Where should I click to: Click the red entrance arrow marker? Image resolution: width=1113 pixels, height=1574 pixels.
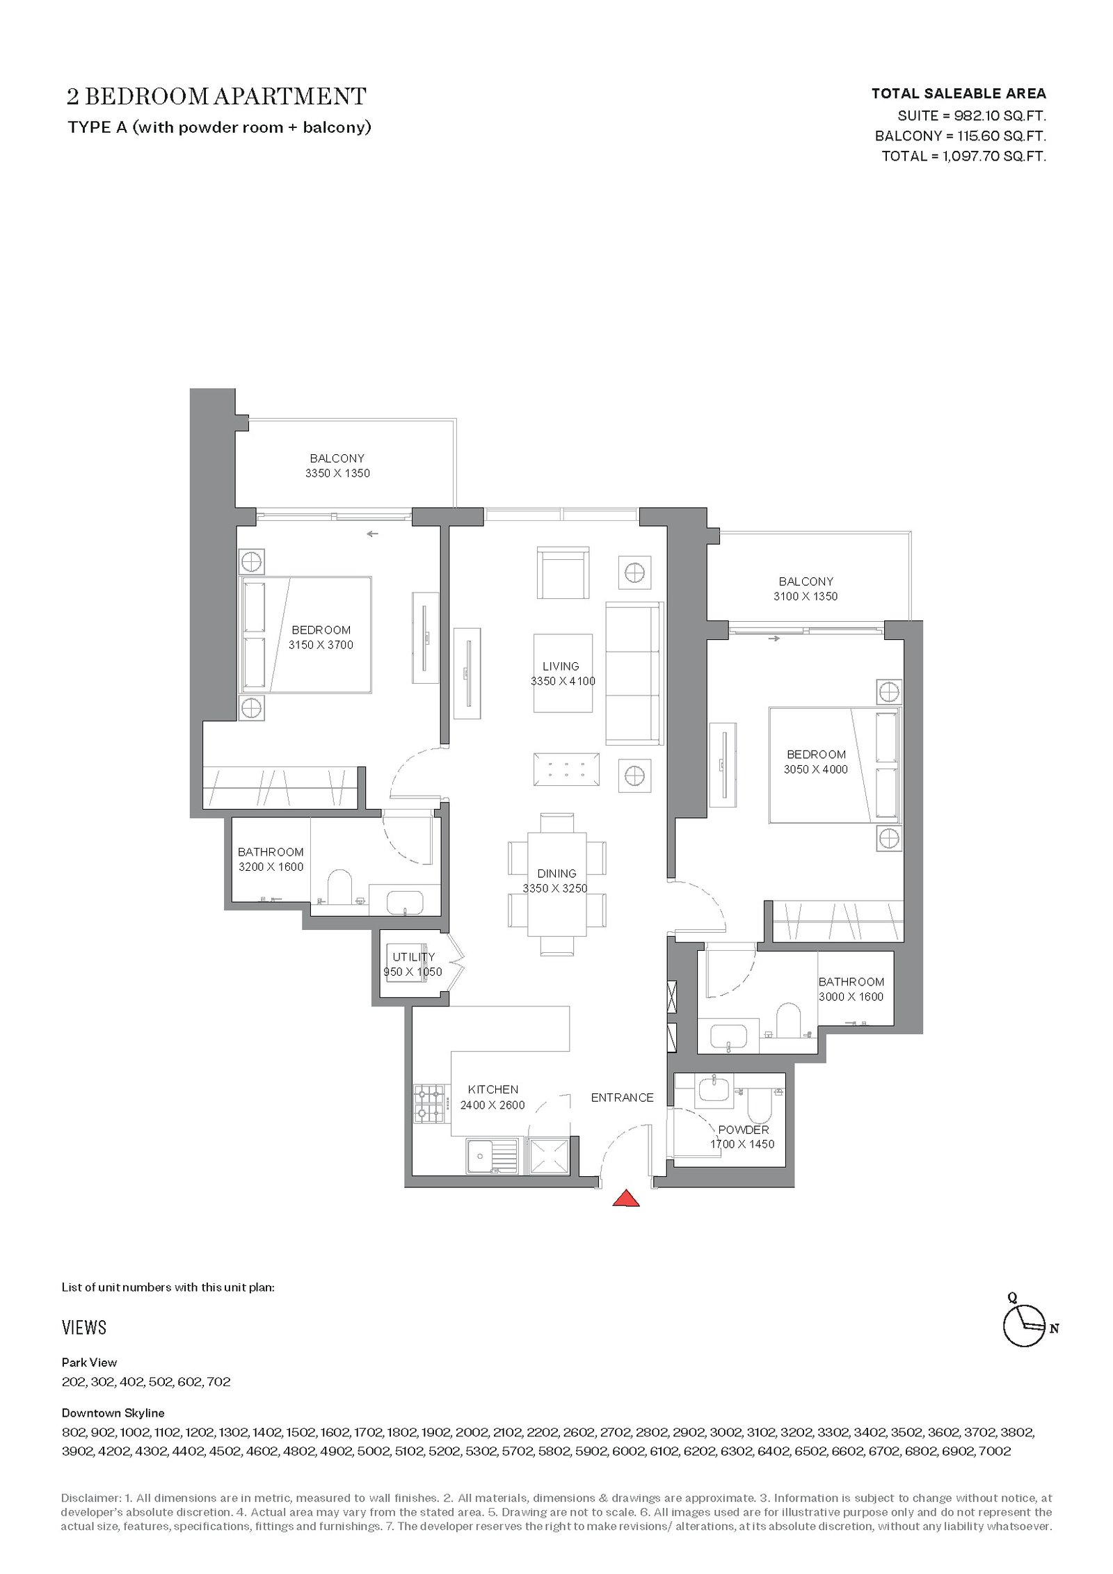click(626, 1198)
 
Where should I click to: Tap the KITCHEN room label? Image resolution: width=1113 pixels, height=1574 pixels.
click(493, 1089)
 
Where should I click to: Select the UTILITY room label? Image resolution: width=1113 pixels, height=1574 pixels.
click(413, 956)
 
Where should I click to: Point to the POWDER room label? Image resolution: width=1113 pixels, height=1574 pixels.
click(743, 1130)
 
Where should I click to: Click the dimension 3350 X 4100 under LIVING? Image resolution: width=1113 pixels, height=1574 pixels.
click(563, 681)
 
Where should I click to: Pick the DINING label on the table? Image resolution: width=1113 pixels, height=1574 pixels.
click(556, 873)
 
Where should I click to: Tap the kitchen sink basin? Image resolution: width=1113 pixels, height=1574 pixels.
click(480, 1156)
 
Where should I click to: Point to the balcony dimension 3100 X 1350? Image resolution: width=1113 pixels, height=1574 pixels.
click(806, 596)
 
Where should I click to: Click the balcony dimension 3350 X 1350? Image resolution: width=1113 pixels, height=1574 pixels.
click(337, 473)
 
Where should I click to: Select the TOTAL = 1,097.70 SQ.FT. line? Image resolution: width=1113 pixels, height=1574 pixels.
click(964, 156)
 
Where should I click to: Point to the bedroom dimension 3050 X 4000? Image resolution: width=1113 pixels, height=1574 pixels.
click(816, 769)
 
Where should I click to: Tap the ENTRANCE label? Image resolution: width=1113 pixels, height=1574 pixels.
click(622, 1098)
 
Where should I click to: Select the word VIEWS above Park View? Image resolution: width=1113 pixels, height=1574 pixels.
click(84, 1328)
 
